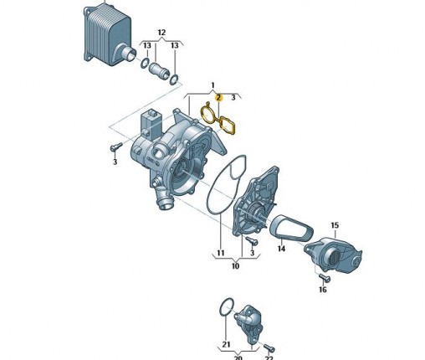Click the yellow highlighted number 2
click(x=218, y=98)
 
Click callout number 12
click(x=161, y=33)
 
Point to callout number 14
click(x=281, y=248)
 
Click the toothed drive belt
click(x=292, y=228)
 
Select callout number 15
click(x=335, y=225)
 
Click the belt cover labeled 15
click(x=333, y=255)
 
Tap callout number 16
click(x=322, y=290)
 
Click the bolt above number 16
click(x=325, y=277)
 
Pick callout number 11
click(x=221, y=253)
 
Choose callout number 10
click(x=235, y=265)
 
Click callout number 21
click(x=226, y=344)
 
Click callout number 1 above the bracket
click(x=212, y=85)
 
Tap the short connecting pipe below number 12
click(x=159, y=70)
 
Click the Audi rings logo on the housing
click(x=151, y=161)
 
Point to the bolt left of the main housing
click(x=116, y=147)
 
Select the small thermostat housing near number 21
click(x=248, y=325)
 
